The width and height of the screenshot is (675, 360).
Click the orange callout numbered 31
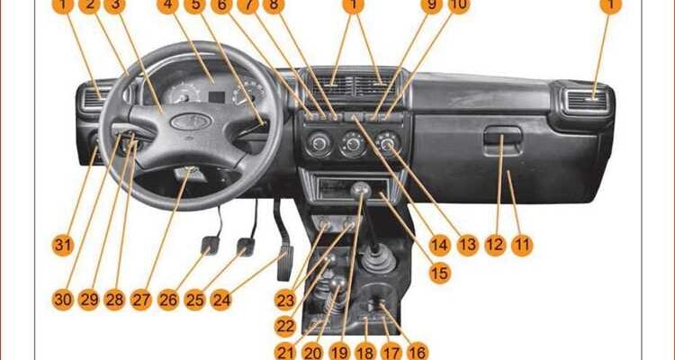(x=63, y=246)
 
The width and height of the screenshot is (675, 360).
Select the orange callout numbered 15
(x=439, y=273)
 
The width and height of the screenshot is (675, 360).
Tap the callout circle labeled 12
(x=495, y=246)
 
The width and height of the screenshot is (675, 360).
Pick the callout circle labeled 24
(x=221, y=300)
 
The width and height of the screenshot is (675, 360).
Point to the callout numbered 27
(x=141, y=300)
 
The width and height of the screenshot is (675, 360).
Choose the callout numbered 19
(x=339, y=353)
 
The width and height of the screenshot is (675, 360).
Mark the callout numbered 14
(x=439, y=246)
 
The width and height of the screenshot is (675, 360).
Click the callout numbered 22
(x=285, y=327)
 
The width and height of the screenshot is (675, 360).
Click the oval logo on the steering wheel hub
(x=190, y=121)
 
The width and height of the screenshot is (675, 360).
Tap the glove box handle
(x=502, y=137)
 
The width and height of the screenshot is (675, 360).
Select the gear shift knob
(x=361, y=189)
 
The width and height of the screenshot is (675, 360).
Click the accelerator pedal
(x=284, y=263)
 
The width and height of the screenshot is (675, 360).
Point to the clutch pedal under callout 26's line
(x=210, y=245)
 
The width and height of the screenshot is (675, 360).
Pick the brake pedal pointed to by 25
(x=246, y=247)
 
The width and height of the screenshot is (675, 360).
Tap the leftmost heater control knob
(x=319, y=144)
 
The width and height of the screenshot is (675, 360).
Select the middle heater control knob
(x=353, y=145)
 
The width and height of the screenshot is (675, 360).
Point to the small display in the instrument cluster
(x=217, y=97)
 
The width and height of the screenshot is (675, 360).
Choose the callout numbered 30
(x=63, y=300)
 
